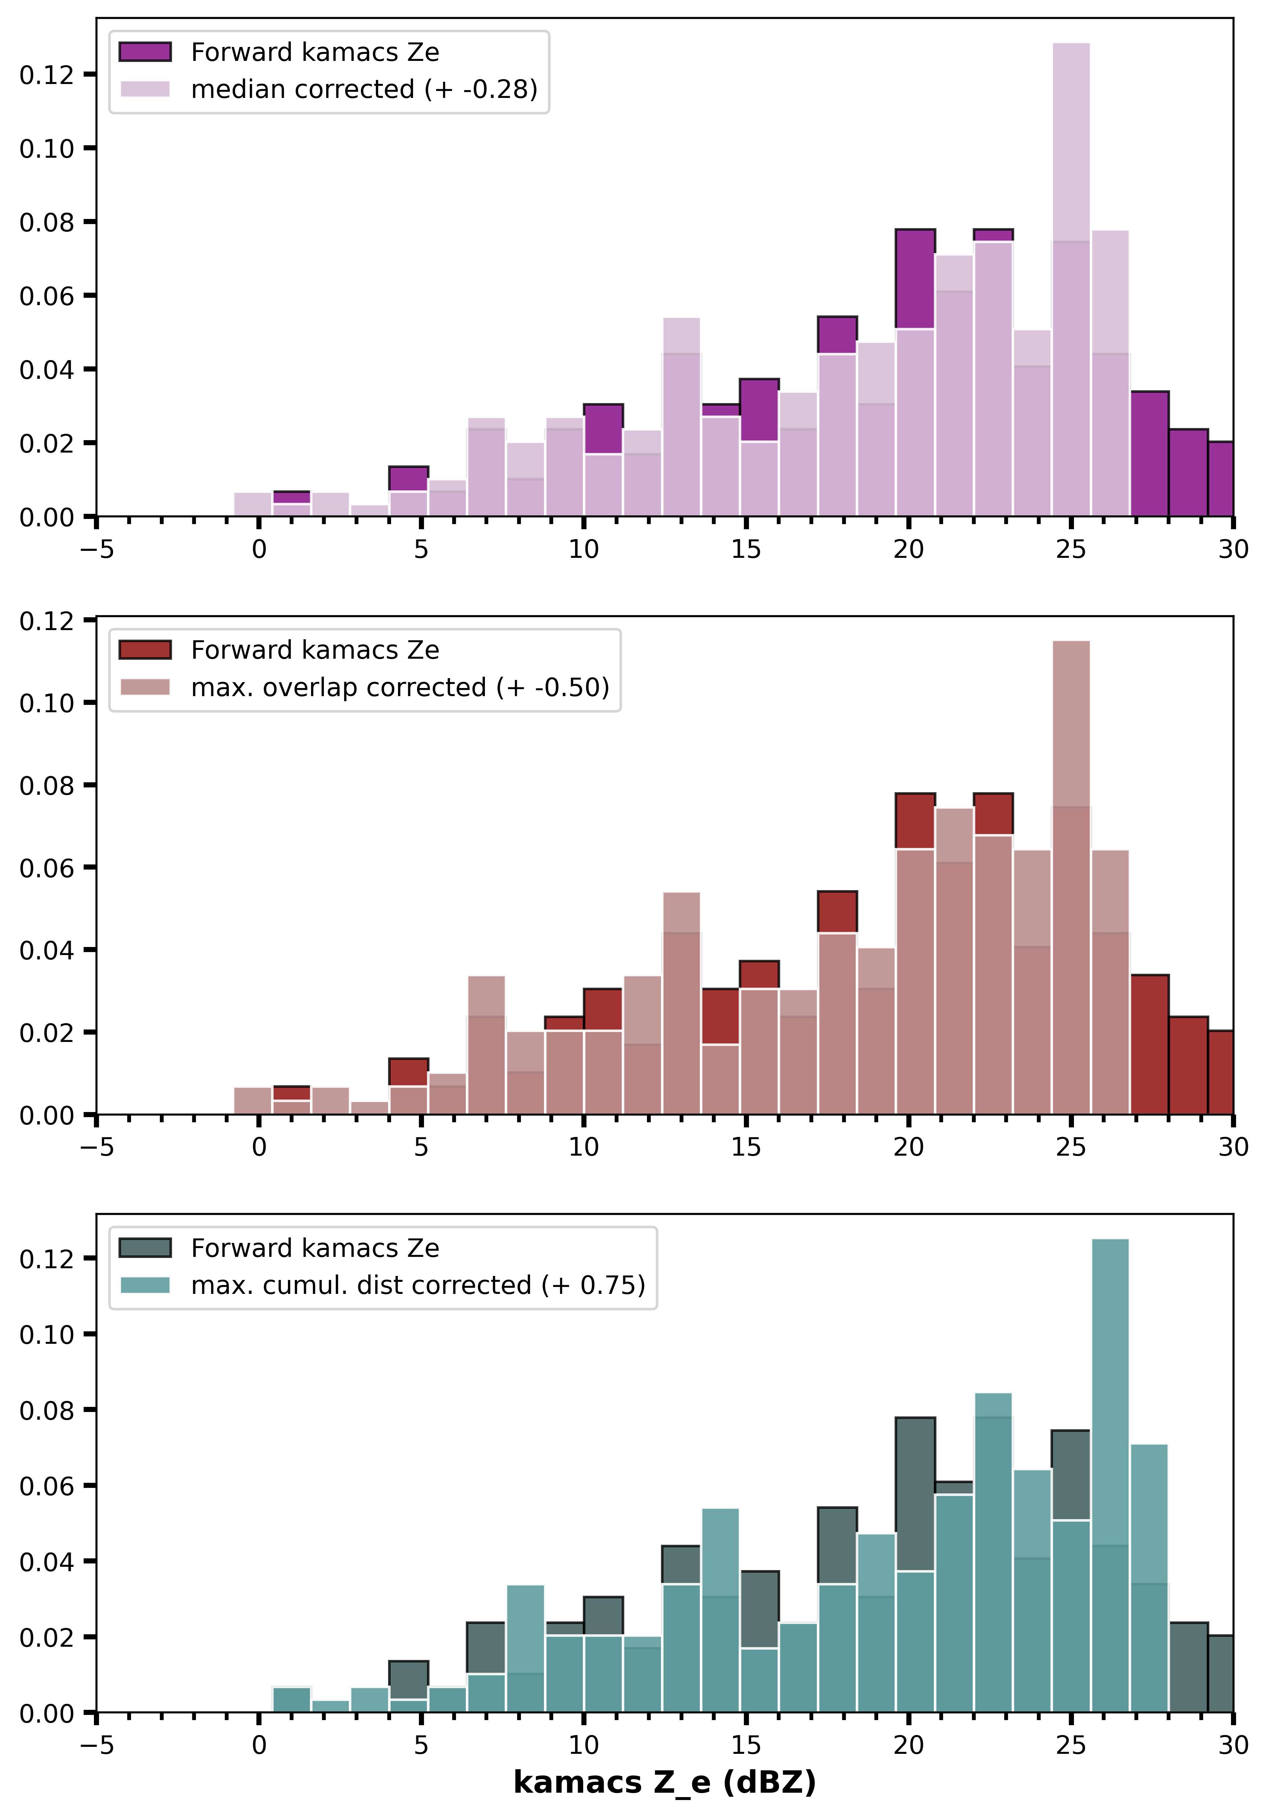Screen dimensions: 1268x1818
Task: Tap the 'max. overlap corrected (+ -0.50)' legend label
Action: click(x=400, y=687)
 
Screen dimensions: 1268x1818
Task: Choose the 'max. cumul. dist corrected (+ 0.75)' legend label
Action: click(x=418, y=1285)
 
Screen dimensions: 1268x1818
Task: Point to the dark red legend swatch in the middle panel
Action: click(x=145, y=650)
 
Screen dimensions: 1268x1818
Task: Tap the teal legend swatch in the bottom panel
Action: click(x=145, y=1285)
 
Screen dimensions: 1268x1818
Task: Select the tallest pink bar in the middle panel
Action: click(x=1071, y=877)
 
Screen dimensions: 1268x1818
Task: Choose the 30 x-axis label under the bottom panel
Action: click(x=1233, y=1745)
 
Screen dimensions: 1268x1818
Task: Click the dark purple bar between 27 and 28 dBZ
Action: click(x=1149, y=454)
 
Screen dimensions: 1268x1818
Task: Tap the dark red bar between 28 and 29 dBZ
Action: click(x=1188, y=1066)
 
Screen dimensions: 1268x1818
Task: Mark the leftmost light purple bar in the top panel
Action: click(x=253, y=504)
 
